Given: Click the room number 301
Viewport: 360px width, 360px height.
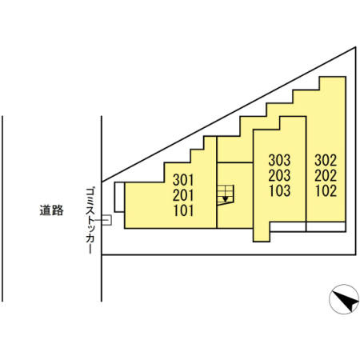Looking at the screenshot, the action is [x=183, y=180].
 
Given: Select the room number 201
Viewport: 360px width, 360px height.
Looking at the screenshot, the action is [x=183, y=195].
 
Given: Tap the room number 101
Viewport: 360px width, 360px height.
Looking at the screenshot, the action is [x=183, y=210].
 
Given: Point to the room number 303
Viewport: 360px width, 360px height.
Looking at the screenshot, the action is [x=279, y=160].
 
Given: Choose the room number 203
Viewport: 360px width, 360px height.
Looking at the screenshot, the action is [x=279, y=175].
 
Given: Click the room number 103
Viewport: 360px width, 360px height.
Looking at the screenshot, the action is [x=279, y=190].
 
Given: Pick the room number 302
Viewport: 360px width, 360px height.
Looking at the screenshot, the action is [x=326, y=160].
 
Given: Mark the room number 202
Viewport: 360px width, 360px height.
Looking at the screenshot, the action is [x=326, y=175].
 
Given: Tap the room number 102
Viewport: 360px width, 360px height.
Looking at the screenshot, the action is [x=326, y=190].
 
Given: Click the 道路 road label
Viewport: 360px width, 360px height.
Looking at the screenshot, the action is [x=52, y=210].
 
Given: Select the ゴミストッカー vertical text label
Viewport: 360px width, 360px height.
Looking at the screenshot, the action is [x=90, y=220].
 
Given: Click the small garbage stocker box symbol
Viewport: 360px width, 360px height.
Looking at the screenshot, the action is [x=106, y=220].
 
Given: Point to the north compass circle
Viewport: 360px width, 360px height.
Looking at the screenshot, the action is [x=344, y=299].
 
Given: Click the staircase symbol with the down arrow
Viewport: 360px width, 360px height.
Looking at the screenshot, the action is [x=226, y=195].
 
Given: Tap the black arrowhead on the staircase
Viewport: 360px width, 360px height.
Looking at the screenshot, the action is [x=226, y=199].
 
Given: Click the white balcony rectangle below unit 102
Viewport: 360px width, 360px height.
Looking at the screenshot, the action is [x=326, y=226].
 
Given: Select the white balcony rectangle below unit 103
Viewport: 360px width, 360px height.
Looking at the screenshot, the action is [x=288, y=226].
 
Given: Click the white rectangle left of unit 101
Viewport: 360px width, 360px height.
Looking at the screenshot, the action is [x=119, y=197].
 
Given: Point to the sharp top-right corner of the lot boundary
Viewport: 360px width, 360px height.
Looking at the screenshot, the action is [x=356, y=47].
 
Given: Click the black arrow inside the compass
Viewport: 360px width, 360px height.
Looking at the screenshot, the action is [x=346, y=302].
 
